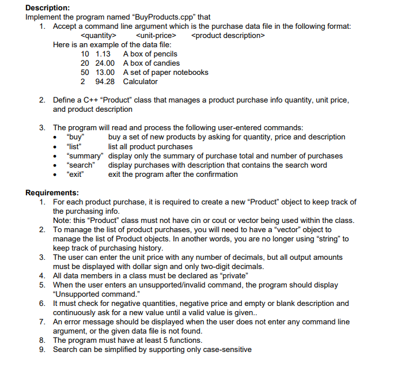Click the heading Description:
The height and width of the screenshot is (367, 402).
pos(48,7)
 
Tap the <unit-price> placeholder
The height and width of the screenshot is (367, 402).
pos(155,36)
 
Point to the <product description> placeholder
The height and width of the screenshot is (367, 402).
pos(227,36)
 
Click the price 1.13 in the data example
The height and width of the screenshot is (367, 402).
pos(103,54)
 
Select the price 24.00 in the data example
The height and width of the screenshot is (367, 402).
pos(105,63)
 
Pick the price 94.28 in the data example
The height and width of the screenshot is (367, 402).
pos(105,82)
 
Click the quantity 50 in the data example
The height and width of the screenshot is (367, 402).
pos(85,73)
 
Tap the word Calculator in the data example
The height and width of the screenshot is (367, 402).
pos(141,82)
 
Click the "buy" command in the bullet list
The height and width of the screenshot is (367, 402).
pos(76,137)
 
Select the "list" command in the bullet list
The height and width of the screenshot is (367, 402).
pos(75,146)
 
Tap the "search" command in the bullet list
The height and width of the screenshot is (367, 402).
pos(81,165)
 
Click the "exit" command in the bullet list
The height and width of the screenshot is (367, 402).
pos(75,174)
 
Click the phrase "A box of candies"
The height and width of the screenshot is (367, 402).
pos(151,63)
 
